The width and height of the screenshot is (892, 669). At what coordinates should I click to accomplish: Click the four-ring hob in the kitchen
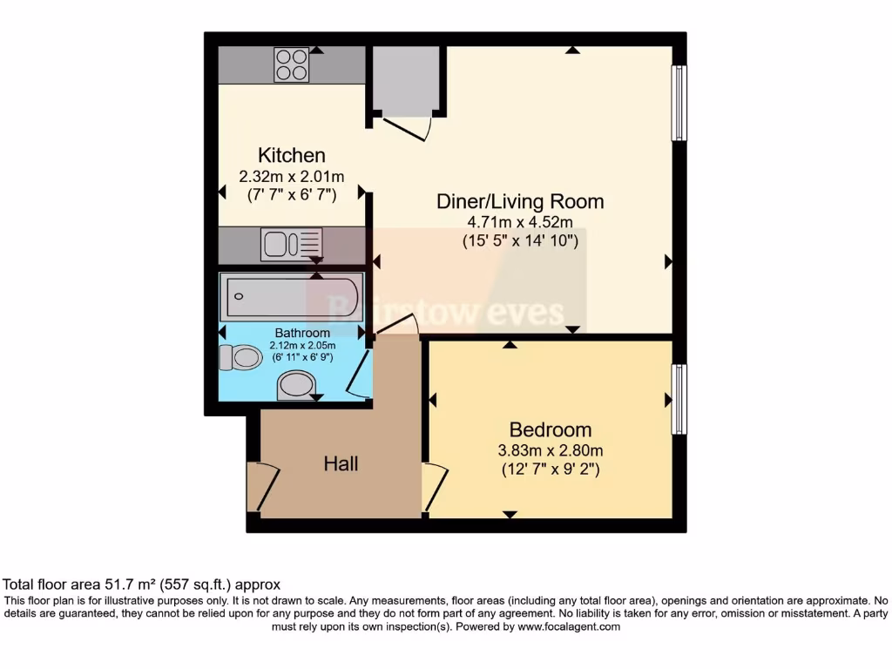point(292,64)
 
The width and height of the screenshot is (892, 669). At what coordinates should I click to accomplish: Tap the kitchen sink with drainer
point(291,244)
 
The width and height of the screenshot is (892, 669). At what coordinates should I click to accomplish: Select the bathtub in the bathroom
point(291,297)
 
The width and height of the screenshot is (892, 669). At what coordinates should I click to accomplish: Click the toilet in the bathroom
point(240,357)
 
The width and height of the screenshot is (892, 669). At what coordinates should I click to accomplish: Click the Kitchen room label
point(292,156)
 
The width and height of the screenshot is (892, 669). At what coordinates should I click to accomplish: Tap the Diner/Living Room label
point(520,202)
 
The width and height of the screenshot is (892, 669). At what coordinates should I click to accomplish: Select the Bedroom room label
point(550,429)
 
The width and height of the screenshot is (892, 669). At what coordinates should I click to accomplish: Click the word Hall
point(341,464)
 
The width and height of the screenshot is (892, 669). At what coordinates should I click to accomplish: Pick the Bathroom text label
point(302,333)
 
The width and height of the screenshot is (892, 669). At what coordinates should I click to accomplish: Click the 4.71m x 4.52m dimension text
point(520,223)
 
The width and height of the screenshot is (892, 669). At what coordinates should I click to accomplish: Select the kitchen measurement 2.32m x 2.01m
point(292,176)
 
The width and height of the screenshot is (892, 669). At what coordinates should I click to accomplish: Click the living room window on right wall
point(679,103)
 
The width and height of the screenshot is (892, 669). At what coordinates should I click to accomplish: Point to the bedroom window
point(679,399)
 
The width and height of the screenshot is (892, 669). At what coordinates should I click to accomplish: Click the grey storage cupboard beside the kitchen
point(405,79)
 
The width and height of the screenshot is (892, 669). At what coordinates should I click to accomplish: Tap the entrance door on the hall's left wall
point(260,488)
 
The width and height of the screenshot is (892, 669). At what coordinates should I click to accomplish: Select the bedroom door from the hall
point(434,488)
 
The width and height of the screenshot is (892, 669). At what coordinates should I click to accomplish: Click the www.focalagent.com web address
point(568,626)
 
